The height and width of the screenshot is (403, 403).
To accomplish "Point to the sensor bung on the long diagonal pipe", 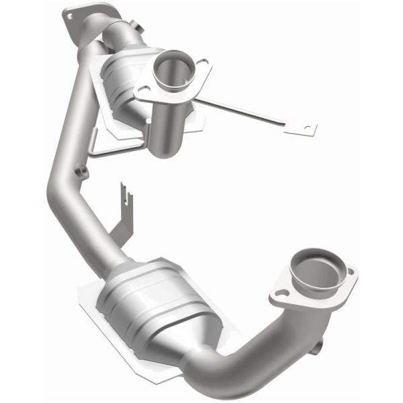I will coord(83,173).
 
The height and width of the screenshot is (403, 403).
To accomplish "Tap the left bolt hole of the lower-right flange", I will coord(276,293).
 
